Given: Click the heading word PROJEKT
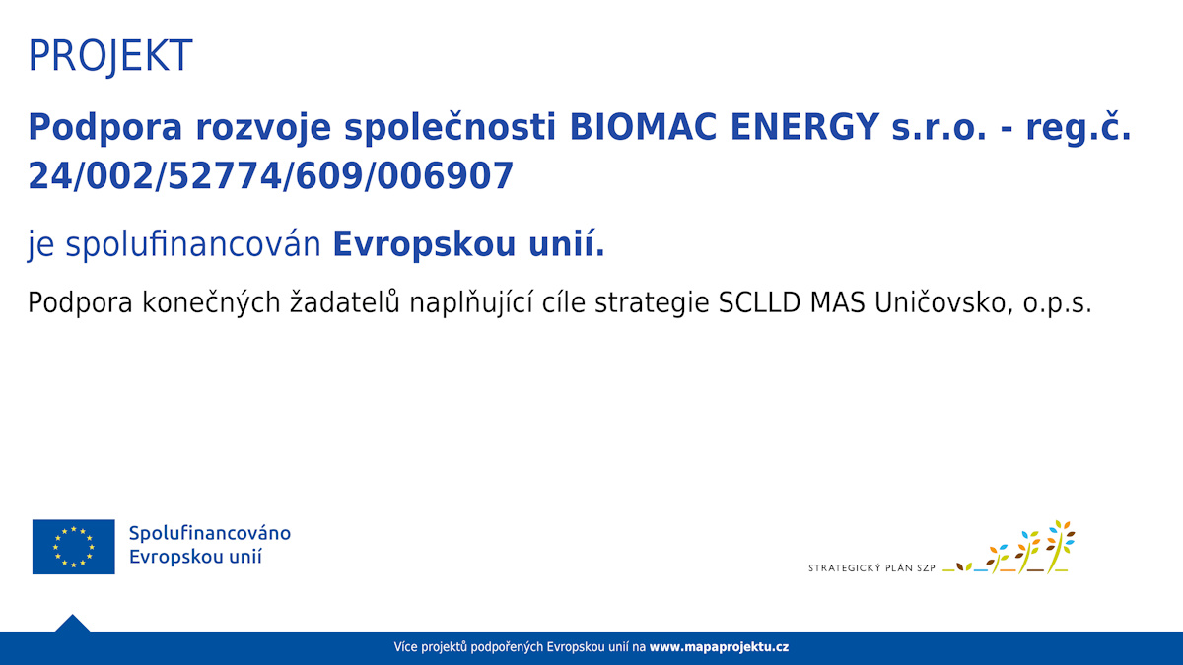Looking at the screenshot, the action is click(x=109, y=55).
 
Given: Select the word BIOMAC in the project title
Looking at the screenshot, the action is click(x=642, y=127).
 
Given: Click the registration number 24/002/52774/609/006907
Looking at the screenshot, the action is click(x=270, y=175).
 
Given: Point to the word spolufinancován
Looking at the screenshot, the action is click(x=193, y=245).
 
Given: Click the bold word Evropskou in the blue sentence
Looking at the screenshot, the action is click(x=424, y=246).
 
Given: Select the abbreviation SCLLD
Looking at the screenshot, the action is click(x=759, y=303).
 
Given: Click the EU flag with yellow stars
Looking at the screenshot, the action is click(x=73, y=547).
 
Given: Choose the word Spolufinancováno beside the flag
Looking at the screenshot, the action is click(x=210, y=533).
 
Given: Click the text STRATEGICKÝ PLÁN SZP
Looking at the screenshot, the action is click(x=871, y=568).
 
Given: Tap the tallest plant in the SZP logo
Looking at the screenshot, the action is click(x=1060, y=547).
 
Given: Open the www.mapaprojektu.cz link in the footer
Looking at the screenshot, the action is click(x=719, y=647).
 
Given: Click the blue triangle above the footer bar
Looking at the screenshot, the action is click(x=72, y=624).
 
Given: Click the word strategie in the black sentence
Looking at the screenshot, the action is click(x=652, y=304).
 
